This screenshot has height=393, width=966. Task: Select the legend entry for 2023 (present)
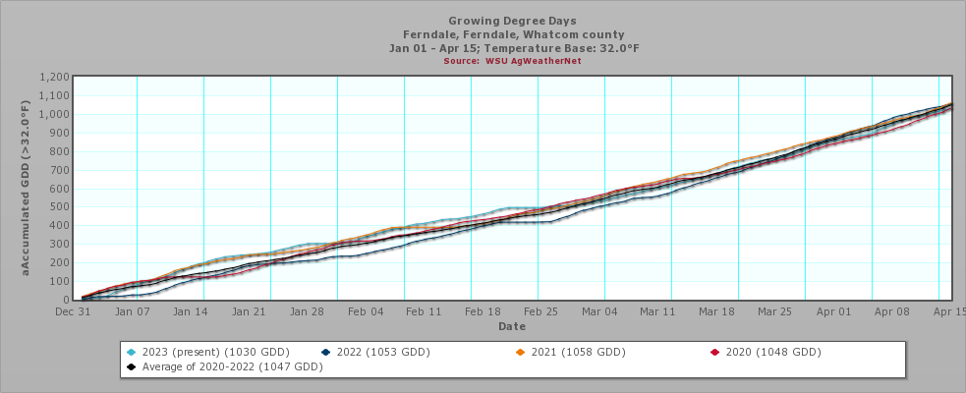coord(194,352)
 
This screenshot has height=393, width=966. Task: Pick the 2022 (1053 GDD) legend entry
coord(384,352)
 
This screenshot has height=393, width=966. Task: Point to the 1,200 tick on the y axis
coord(55,78)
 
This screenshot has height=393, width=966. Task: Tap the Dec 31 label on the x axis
coord(71,310)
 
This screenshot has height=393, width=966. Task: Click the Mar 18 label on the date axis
coord(716,310)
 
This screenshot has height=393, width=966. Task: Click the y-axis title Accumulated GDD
coord(28,189)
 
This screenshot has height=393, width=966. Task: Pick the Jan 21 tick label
coord(248,310)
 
